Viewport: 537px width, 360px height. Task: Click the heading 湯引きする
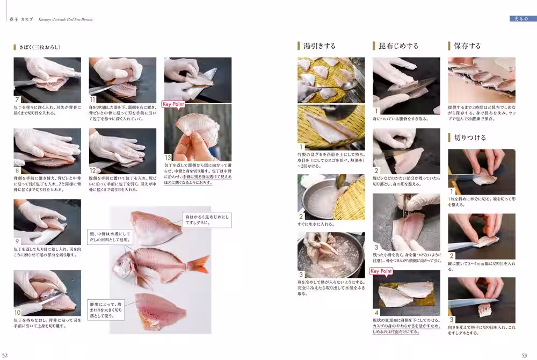(320, 46)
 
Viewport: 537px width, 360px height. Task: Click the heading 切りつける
(470, 138)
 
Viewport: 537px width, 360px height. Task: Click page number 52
(5, 355)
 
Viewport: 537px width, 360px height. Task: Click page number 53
(525, 355)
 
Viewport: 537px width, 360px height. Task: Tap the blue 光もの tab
(523, 19)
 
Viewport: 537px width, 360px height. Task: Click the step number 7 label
(18, 99)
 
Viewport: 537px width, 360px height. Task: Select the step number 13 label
(168, 157)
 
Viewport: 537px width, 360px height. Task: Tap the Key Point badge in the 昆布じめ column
(381, 271)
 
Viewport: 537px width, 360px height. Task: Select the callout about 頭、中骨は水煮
(106, 241)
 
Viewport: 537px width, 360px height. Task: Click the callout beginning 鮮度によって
(106, 309)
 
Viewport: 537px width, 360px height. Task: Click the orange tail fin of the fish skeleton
(200, 264)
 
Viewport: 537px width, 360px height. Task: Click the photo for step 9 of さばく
(47, 222)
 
